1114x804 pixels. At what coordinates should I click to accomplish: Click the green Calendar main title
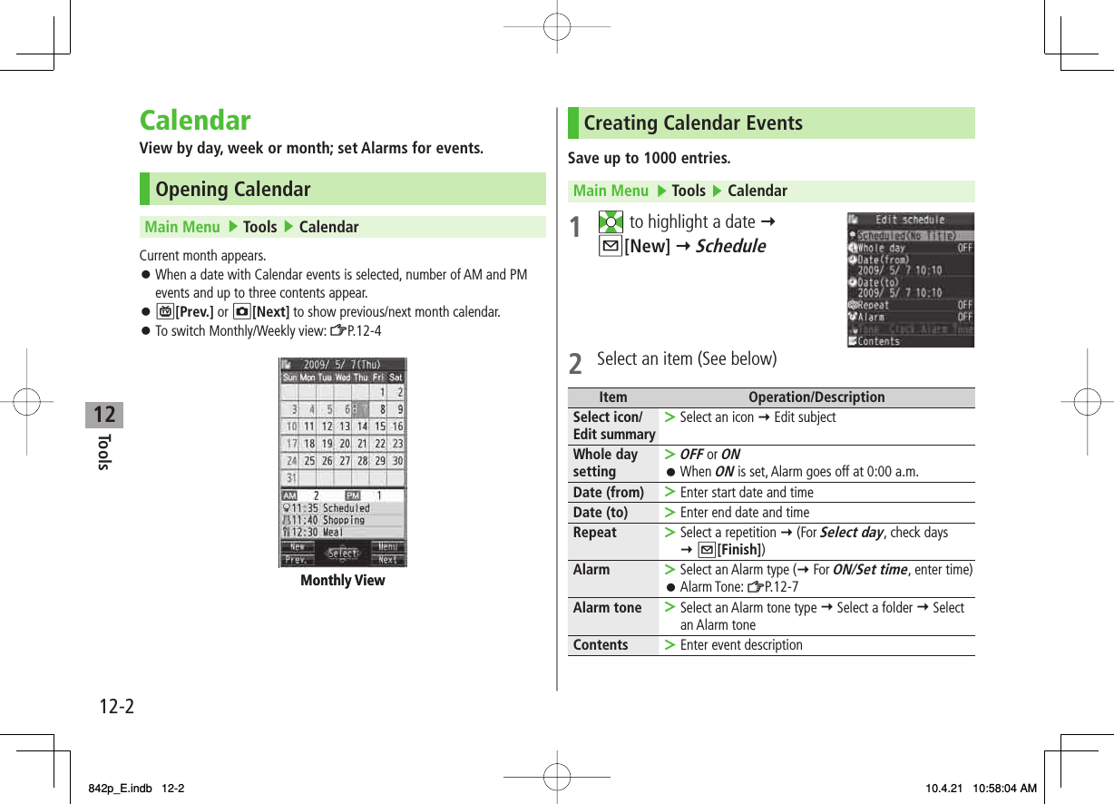(195, 121)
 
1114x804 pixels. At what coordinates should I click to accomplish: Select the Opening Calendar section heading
(232, 190)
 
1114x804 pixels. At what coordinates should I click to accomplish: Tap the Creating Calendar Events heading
(692, 123)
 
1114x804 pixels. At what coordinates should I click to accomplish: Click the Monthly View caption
(343, 581)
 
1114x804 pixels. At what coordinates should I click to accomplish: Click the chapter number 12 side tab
(104, 415)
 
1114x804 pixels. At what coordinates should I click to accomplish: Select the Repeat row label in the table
(594, 533)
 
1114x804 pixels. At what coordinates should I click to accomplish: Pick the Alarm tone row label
(607, 608)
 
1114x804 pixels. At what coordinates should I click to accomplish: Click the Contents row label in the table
(600, 645)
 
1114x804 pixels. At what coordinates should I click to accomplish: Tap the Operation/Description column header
(816, 397)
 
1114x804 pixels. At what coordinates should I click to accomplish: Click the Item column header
(612, 397)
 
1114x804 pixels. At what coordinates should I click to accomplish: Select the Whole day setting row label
(605, 463)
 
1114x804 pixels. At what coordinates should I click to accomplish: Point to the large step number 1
(575, 228)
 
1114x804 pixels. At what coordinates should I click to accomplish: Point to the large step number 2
(575, 363)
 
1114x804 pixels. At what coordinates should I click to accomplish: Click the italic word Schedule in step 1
(730, 246)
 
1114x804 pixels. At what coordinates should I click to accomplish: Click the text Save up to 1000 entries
(649, 159)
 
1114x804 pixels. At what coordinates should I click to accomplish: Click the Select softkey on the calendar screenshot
(343, 553)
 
